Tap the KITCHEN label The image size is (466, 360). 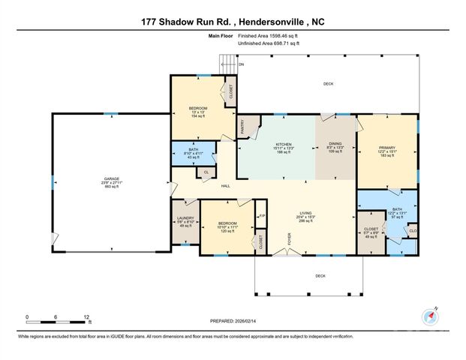pos(283,144)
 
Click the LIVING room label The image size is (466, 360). pos(306,213)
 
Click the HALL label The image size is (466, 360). pos(224,186)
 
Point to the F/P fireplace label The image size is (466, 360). pos(262,217)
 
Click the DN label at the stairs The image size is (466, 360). pos(241,64)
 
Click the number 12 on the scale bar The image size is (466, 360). pos(88,317)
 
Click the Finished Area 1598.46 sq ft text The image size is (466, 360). pos(268,35)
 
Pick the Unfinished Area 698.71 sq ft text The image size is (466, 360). pos(268,44)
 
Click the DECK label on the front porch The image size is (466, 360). pos(320,276)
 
